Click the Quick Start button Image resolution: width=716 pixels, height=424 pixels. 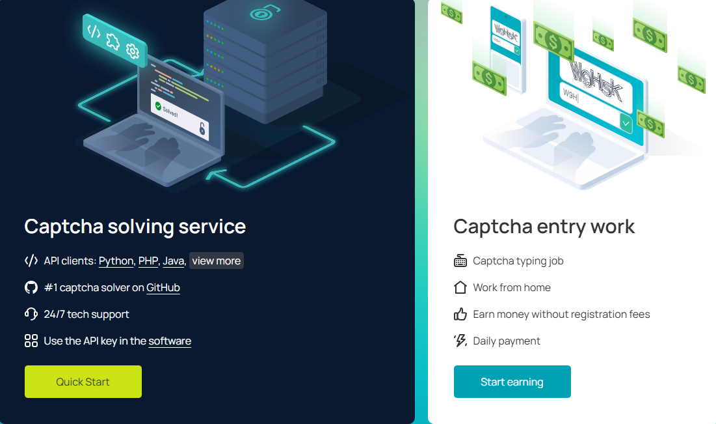(83, 382)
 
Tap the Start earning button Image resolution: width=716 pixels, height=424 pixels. (512, 382)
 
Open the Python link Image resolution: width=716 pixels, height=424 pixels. (116, 261)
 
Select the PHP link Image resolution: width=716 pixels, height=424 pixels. (148, 261)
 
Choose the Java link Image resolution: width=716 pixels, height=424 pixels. (174, 261)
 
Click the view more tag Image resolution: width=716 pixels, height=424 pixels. (217, 261)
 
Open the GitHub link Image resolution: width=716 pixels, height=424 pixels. (163, 288)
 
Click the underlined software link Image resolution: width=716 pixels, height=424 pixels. (170, 341)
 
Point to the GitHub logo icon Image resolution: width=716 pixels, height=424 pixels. (31, 288)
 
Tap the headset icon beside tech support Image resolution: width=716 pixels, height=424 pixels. (31, 314)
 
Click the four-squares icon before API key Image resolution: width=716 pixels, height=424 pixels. (31, 341)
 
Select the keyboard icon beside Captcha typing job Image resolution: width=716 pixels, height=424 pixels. (460, 261)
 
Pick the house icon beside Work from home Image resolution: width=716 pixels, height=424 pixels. (460, 287)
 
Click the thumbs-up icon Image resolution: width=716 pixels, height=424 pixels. (460, 314)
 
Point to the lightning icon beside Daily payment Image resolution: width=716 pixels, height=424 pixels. (460, 341)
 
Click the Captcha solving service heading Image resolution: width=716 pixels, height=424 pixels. (135, 226)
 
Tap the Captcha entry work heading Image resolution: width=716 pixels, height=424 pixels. (544, 226)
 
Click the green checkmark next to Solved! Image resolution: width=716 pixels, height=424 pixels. (157, 104)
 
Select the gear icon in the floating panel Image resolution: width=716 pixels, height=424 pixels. (133, 51)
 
